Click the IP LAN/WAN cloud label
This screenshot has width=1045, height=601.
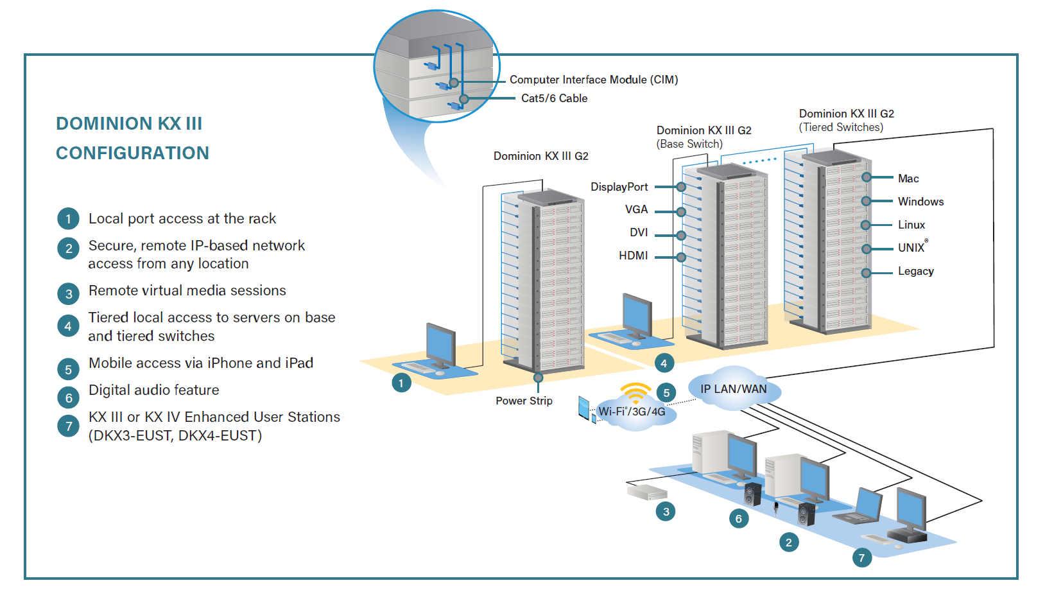[x=733, y=389]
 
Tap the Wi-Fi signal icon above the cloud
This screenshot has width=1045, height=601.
[x=635, y=392]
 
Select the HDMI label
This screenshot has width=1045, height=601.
[x=633, y=256]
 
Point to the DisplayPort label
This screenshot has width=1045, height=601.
[x=619, y=187]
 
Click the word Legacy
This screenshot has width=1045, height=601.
[x=915, y=272]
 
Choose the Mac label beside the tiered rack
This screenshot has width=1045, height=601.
[x=908, y=179]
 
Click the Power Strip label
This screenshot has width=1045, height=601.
[x=524, y=401]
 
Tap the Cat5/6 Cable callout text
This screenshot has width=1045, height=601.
[x=554, y=98]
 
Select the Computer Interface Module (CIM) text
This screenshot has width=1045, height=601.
[x=593, y=80]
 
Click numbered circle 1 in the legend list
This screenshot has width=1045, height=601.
[x=68, y=219]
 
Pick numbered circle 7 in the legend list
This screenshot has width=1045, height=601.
[x=68, y=426]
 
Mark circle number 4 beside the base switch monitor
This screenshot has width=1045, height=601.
[x=664, y=363]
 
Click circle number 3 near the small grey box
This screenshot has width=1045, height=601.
[x=666, y=512]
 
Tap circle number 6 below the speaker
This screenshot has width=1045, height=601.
[x=738, y=519]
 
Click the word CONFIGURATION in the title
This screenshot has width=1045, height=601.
[x=132, y=153]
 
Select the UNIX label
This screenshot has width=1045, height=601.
[x=911, y=248]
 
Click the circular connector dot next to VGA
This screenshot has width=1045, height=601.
[x=681, y=212]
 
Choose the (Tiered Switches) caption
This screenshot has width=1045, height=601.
[x=841, y=127]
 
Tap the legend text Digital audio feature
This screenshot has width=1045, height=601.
[x=153, y=390]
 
